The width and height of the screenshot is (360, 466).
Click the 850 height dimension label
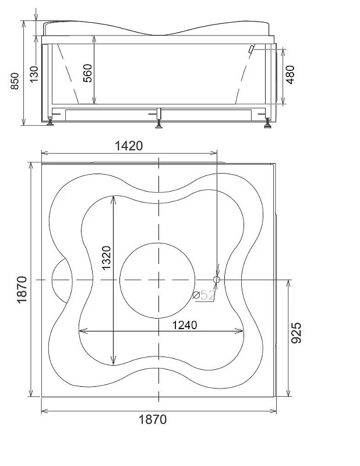coord(15,81)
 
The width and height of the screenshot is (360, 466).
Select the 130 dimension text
coord(34,74)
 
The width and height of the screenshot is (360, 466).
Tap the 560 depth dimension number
coord(87,73)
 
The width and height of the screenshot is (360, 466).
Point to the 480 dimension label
coord(290,75)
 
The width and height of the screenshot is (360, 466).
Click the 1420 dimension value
coord(129,146)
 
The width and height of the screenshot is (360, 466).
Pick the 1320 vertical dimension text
coord(106,257)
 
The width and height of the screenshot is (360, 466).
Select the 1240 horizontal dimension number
coord(185,325)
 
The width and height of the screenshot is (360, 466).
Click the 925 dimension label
coord(296,333)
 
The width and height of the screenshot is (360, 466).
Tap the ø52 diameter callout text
coord(204,295)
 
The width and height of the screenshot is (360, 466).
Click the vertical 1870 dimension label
coord(22,290)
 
